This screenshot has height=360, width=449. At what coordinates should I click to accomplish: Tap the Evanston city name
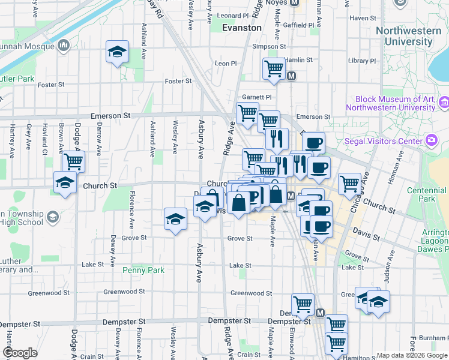point(242,28)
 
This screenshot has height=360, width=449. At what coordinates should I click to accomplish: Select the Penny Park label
point(143,271)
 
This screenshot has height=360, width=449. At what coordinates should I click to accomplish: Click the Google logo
point(20,353)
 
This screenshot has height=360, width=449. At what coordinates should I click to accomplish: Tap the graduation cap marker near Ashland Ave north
point(118,52)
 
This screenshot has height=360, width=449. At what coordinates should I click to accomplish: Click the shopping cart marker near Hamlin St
point(274,68)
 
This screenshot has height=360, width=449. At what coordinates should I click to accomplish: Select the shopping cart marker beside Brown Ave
point(73,161)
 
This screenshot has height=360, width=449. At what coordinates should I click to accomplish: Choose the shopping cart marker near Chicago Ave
point(349,184)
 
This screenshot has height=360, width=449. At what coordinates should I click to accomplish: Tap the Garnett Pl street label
point(257,97)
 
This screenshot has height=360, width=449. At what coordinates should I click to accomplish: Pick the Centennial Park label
point(427,194)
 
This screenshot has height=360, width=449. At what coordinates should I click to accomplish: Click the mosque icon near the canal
point(64,45)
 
